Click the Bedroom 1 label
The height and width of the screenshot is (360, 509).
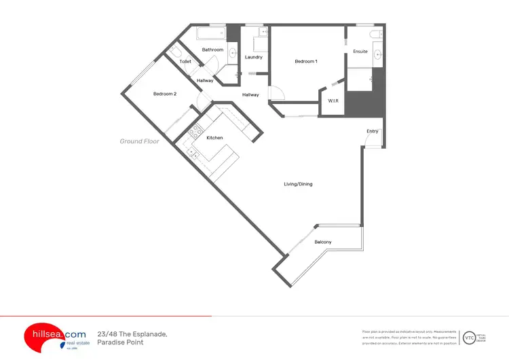305,62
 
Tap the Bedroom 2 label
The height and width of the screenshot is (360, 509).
165,94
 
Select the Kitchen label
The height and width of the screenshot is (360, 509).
214,138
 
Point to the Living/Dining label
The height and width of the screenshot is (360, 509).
298,184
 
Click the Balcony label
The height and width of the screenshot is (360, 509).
323,242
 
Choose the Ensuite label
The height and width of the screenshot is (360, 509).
360,52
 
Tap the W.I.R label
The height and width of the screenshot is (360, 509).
333,101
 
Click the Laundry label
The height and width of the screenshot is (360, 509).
254,57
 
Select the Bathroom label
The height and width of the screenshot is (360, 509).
212,50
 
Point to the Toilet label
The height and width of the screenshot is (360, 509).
185,62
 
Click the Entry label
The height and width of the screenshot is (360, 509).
373,131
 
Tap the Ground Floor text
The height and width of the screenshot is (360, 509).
140,141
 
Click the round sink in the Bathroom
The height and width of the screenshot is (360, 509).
233,52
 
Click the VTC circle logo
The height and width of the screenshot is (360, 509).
469,338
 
